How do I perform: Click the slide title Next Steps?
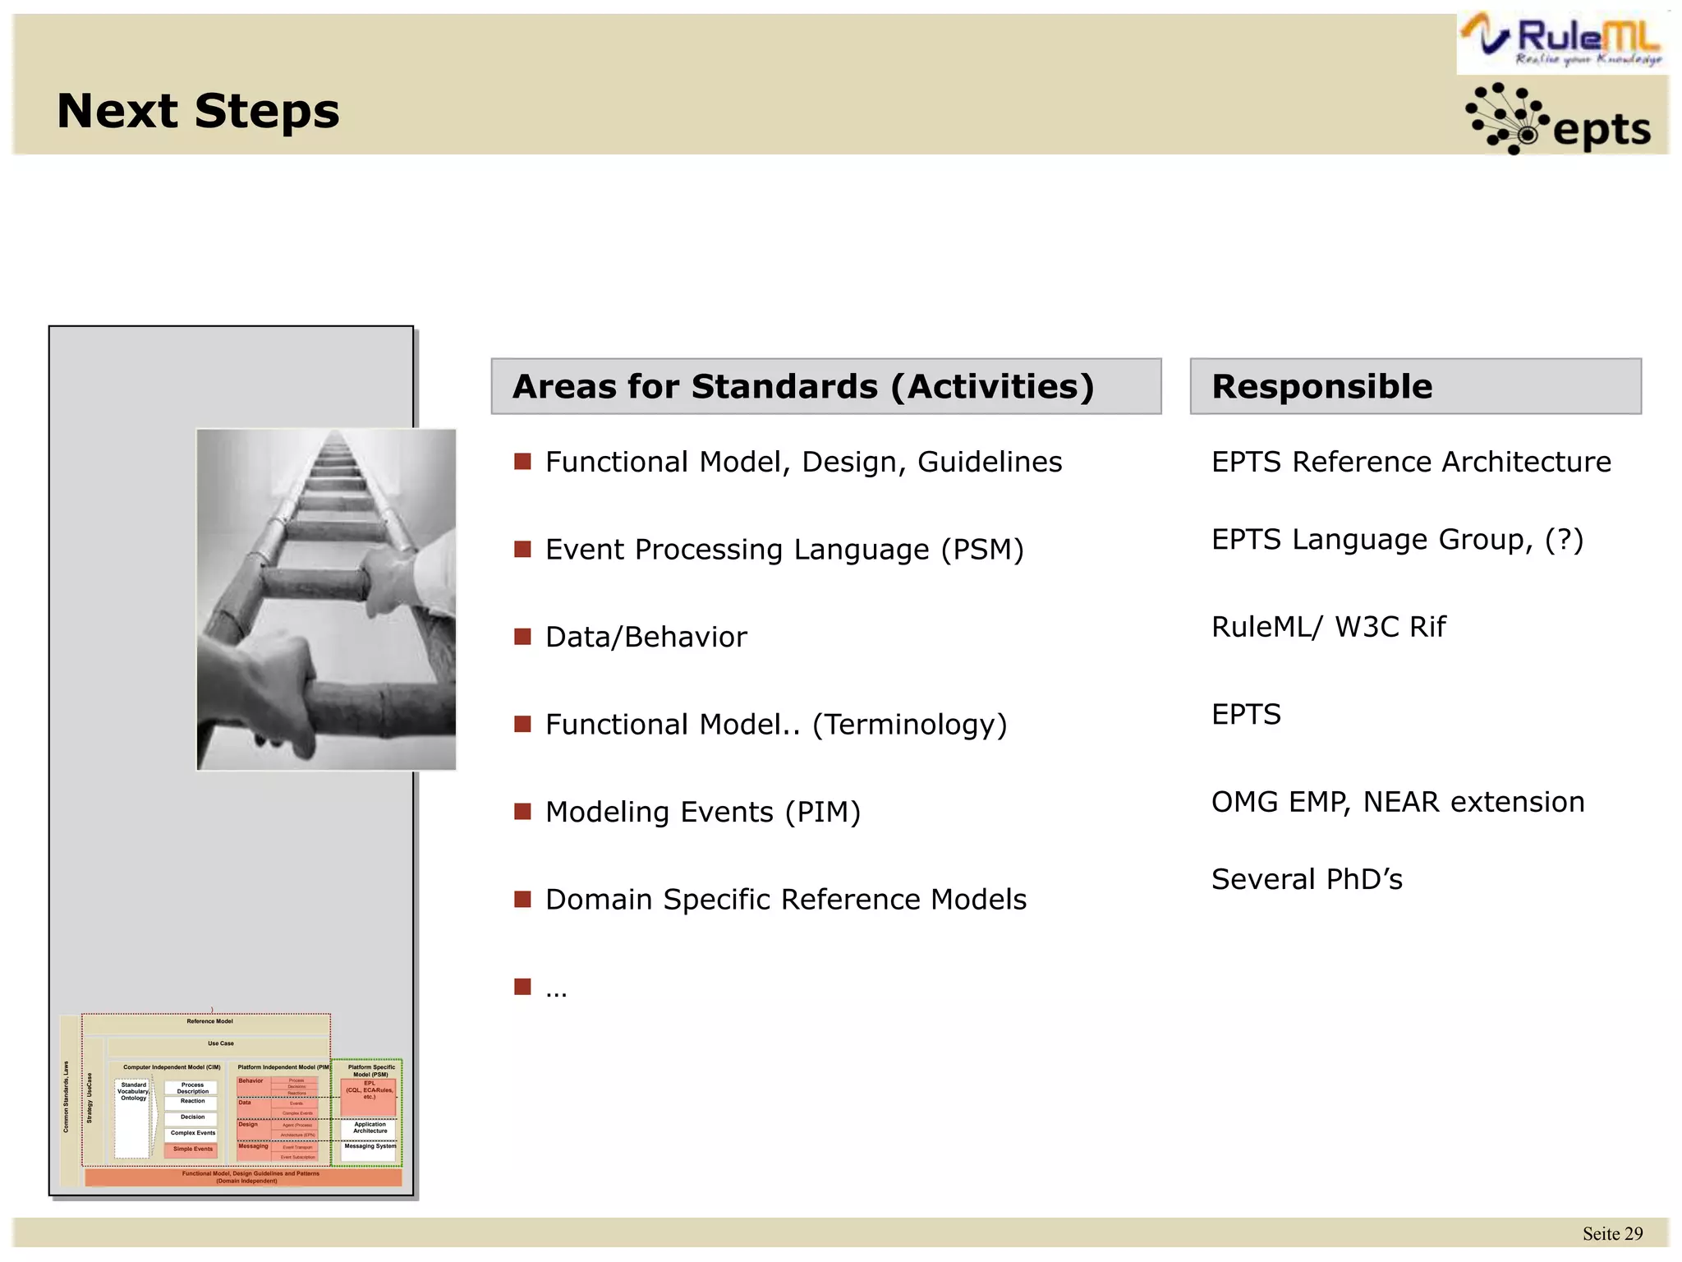pyautogui.click(x=198, y=111)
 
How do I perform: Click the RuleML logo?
pyautogui.click(x=1562, y=41)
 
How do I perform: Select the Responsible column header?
pyautogui.click(x=1322, y=386)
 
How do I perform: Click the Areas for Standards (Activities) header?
pyautogui.click(x=802, y=386)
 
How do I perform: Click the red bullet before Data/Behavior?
pyautogui.click(x=522, y=636)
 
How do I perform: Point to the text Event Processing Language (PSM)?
pyautogui.click(x=784, y=549)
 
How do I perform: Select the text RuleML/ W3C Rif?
pyautogui.click(x=1328, y=627)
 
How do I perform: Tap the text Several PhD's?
pyautogui.click(x=1307, y=879)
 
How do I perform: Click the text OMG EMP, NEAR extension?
pyautogui.click(x=1397, y=802)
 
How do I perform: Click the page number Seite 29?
pyautogui.click(x=1612, y=1233)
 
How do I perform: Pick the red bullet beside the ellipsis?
pyautogui.click(x=522, y=986)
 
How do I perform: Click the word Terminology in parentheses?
pyautogui.click(x=909, y=725)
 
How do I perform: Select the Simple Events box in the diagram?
pyautogui.click(x=192, y=1149)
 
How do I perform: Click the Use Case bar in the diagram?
pyautogui.click(x=220, y=1043)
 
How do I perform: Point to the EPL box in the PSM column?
pyautogui.click(x=369, y=1093)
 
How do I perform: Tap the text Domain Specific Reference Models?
pyautogui.click(x=785, y=900)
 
